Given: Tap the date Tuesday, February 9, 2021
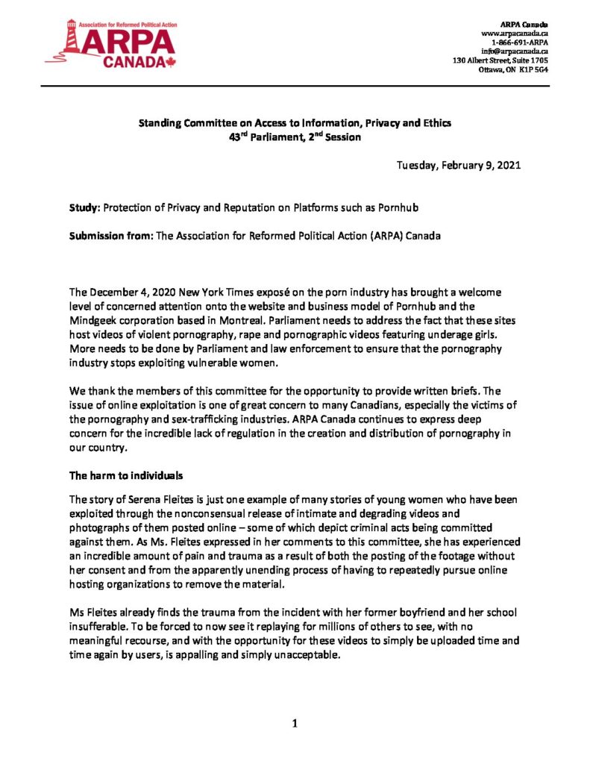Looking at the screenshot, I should pos(458,165).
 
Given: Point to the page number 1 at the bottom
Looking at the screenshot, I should pos(295,721).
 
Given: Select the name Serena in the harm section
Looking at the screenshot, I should pos(135,499).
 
